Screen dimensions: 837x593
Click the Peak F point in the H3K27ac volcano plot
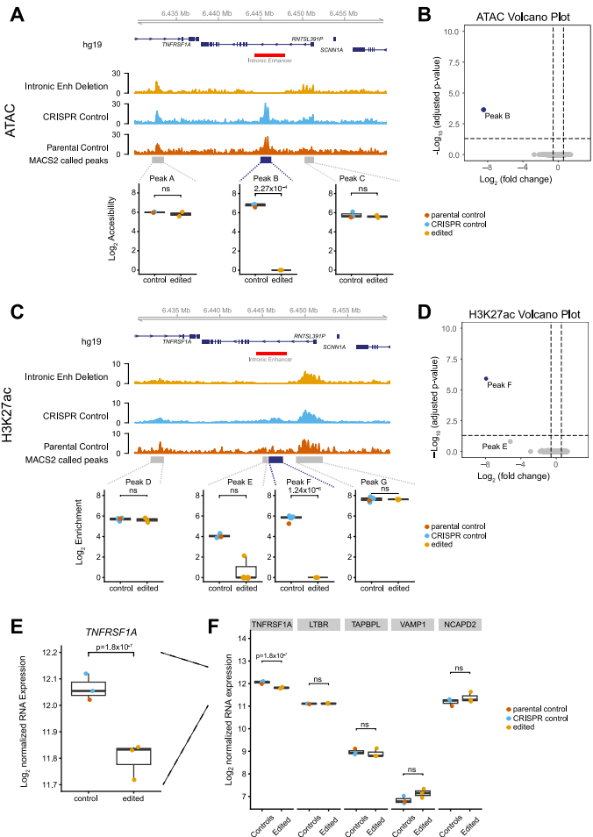click(485, 378)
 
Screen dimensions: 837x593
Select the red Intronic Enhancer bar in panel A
click(270, 54)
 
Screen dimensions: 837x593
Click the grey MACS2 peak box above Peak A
click(157, 160)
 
